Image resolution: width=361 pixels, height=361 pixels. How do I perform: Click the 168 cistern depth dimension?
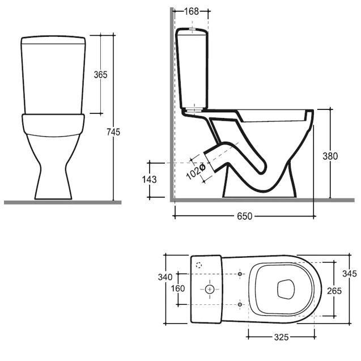click(x=192, y=11)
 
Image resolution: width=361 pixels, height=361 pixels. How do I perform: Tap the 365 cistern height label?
click(x=101, y=75)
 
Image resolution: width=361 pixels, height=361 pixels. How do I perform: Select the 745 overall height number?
click(x=113, y=132)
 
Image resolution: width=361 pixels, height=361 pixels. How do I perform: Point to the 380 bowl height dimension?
click(x=330, y=156)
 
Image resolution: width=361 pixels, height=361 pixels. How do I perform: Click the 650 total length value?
click(x=244, y=216)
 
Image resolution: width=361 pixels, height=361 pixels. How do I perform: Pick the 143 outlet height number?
click(x=149, y=179)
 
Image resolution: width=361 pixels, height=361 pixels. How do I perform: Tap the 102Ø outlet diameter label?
click(x=196, y=172)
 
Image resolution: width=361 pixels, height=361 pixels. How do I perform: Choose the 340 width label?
click(x=165, y=277)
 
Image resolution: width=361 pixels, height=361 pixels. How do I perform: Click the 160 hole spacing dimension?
click(x=178, y=288)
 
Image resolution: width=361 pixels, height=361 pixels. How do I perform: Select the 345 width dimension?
click(x=350, y=274)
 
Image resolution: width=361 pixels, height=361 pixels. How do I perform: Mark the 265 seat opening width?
click(x=334, y=291)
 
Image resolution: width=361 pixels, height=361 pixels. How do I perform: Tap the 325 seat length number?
click(x=281, y=337)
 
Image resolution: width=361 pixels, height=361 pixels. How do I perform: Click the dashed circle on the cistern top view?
click(x=199, y=265)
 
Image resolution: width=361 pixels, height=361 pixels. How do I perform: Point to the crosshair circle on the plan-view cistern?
click(x=210, y=289)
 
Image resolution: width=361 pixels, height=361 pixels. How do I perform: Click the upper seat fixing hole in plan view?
click(x=240, y=274)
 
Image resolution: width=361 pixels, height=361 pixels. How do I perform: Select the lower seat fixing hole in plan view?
click(x=240, y=304)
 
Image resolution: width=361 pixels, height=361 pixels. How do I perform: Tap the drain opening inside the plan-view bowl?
click(x=286, y=289)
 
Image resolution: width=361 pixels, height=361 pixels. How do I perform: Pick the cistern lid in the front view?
click(x=53, y=40)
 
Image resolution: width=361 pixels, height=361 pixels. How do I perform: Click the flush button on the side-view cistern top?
click(x=192, y=29)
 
